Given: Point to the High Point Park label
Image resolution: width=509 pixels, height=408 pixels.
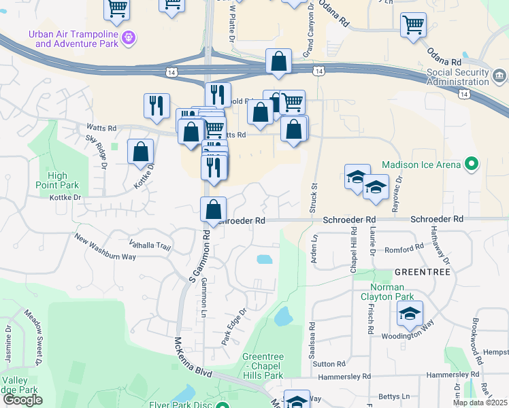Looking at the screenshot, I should pos(59,180).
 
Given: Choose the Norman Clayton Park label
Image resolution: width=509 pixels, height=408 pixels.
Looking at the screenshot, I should pos(387,292).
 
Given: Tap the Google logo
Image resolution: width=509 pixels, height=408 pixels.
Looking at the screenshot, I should pos(22,400).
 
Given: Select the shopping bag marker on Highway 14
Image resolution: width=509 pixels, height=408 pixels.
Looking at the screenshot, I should pos(279,61).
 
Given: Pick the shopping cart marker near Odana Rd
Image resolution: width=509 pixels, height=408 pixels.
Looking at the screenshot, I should pos(413,24).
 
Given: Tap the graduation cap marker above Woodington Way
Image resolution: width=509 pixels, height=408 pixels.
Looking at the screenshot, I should pos(410,313).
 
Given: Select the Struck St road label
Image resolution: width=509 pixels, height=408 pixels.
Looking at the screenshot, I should pos(314,196).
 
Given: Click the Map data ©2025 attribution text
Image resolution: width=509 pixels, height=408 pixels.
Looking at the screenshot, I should pos(480,403).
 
